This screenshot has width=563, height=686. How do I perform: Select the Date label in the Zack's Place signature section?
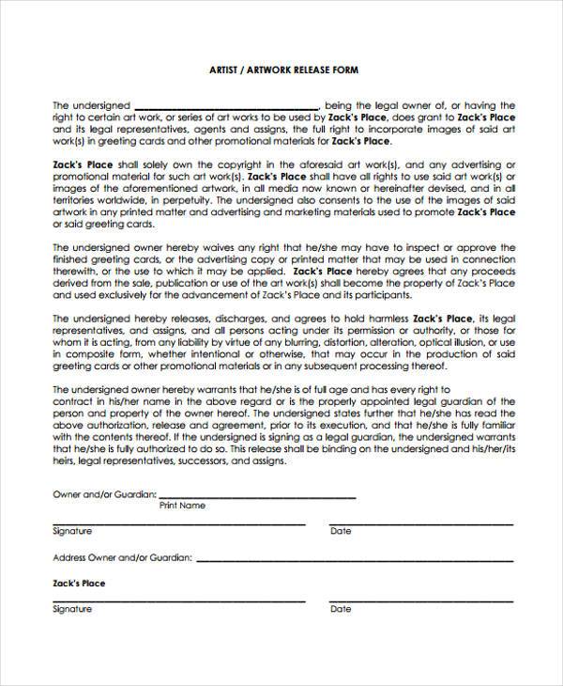click(341, 609)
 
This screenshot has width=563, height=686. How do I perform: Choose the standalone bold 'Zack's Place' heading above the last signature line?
click(79, 584)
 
